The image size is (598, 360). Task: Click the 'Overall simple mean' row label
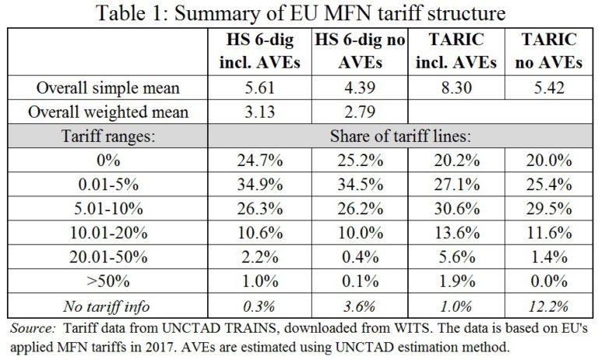click(110, 88)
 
